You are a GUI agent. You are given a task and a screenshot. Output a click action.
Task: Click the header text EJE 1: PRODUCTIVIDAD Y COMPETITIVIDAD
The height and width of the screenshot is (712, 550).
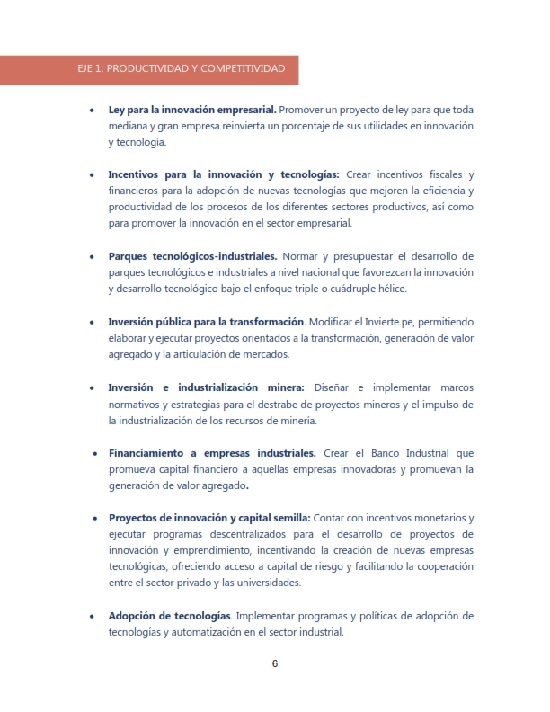(x=182, y=68)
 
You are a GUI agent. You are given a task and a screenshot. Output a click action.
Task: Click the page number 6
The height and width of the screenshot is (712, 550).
(x=275, y=663)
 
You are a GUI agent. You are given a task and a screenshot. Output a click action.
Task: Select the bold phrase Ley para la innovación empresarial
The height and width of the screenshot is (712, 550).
(x=186, y=110)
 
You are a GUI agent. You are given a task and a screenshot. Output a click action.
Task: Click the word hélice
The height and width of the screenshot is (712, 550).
(x=390, y=289)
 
